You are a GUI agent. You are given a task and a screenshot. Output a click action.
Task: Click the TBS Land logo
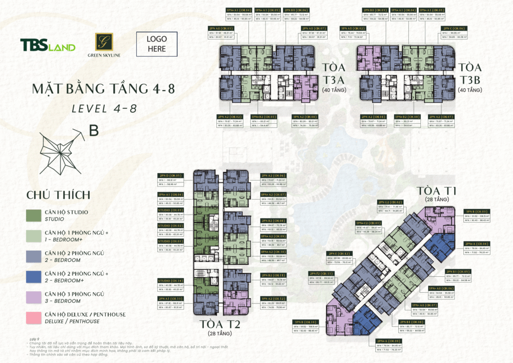point(48,46)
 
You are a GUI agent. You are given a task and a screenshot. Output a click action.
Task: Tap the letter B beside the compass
point(94,130)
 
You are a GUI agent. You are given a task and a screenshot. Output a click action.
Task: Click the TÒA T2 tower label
point(219,324)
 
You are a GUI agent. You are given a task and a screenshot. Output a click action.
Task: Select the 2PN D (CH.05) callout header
point(171,175)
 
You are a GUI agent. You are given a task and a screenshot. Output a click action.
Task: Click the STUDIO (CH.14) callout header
point(171,280)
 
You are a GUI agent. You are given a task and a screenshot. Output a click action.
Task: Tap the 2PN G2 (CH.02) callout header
point(391,202)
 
